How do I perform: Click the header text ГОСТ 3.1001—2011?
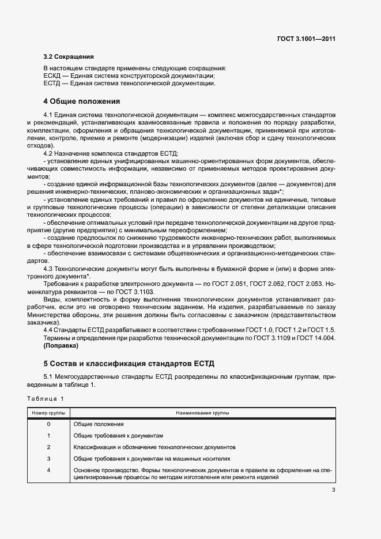[x=305, y=39]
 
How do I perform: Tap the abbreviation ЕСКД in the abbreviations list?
[x=52, y=76]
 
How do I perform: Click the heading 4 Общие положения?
[x=81, y=101]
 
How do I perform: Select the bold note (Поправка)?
[x=61, y=346]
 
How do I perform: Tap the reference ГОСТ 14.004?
[x=315, y=337]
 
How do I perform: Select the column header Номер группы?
[x=48, y=413]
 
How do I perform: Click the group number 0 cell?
[x=48, y=424]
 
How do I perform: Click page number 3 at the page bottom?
[x=333, y=491]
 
